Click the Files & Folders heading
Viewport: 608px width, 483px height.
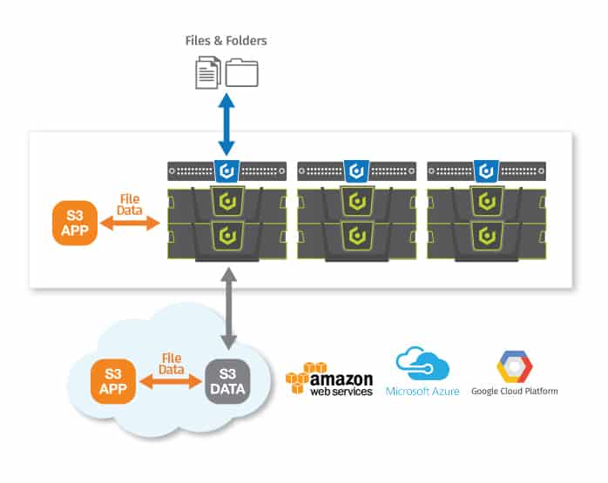(226, 41)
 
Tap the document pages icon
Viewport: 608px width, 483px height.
(208, 72)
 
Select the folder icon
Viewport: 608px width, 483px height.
(241, 72)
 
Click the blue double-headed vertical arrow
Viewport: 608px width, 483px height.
(226, 124)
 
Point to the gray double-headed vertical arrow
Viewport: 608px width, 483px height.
(229, 308)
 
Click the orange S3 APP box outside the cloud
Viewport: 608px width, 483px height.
(75, 223)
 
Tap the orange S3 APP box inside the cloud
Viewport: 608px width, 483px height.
(113, 381)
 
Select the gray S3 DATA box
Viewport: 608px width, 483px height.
(227, 381)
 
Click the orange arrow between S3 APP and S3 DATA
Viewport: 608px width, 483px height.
(171, 381)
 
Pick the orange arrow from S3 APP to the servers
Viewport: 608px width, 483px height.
(130, 223)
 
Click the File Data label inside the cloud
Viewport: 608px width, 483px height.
(172, 364)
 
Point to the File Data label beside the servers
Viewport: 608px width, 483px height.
(130, 205)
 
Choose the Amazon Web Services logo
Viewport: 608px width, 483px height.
(329, 379)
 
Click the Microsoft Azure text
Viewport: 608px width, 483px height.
(422, 392)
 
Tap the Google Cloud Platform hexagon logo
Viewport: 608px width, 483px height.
(515, 366)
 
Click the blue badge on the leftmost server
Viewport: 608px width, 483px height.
(226, 171)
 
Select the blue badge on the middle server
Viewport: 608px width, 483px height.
(357, 171)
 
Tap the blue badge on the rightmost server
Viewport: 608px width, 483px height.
(486, 171)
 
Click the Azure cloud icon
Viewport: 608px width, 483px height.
(422, 363)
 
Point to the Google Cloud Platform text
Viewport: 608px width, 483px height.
(515, 392)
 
